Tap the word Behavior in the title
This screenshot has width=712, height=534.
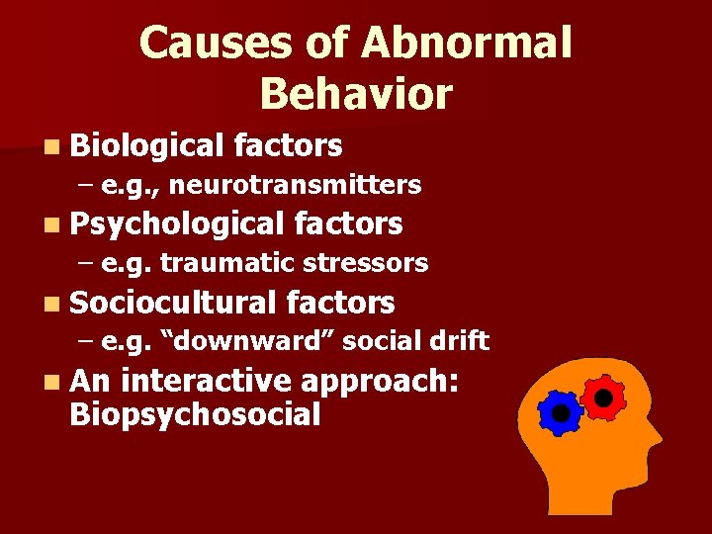pyautogui.click(x=356, y=94)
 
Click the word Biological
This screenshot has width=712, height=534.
pyautogui.click(x=147, y=146)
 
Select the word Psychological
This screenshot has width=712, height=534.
pyautogui.click(x=177, y=223)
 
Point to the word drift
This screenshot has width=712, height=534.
pyautogui.click(x=460, y=341)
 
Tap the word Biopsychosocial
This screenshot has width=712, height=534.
pyautogui.click(x=195, y=414)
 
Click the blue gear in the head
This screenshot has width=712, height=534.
pyautogui.click(x=561, y=412)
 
